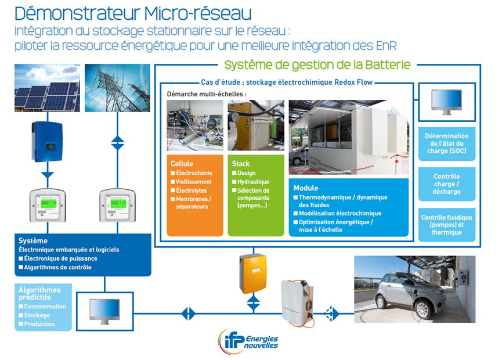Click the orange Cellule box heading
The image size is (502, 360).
182,164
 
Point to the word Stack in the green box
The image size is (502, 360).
241,164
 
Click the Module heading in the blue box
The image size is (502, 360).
306,188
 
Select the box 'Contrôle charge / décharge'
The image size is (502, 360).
446,184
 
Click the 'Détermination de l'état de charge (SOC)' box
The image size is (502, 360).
446,144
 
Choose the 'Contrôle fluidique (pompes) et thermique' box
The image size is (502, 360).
446,225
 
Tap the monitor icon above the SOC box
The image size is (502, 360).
446,103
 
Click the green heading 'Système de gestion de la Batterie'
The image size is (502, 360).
317,64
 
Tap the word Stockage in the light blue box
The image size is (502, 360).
37,315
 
